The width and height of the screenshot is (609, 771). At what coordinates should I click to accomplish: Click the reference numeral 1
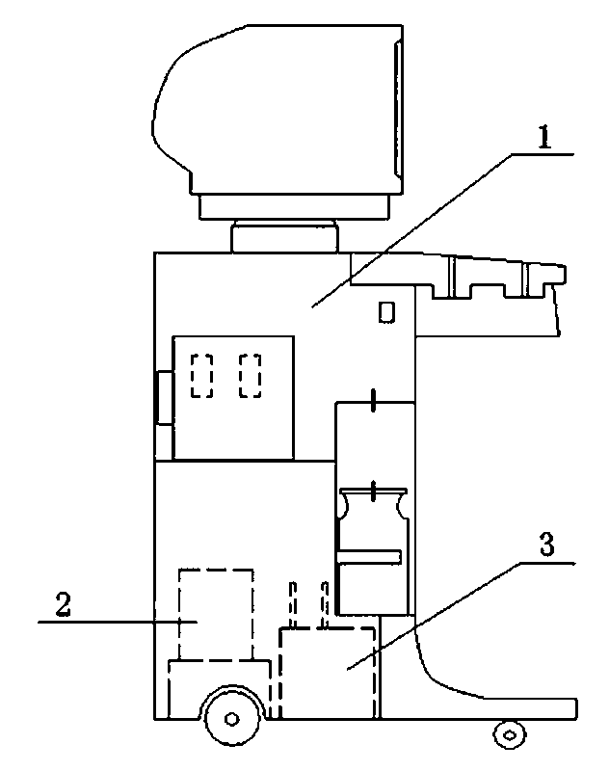(543, 139)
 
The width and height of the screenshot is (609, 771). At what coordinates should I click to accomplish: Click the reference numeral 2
(63, 605)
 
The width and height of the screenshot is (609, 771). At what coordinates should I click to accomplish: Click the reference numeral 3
(545, 545)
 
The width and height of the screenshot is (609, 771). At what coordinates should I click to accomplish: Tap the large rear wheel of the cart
(232, 717)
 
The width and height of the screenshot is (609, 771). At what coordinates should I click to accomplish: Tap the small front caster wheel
(508, 735)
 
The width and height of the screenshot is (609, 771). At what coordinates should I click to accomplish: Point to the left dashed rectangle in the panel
(202, 376)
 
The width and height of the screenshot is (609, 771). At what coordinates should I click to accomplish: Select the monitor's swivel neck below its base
(285, 236)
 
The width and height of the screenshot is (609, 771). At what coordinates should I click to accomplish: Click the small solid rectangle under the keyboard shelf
(387, 312)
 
